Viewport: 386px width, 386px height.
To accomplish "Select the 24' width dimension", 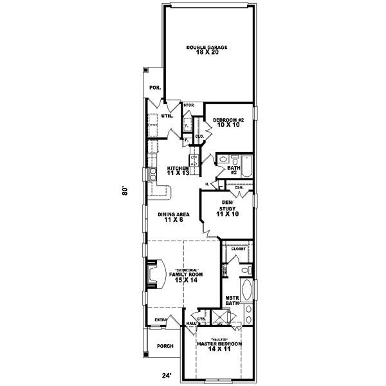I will coord(168,376).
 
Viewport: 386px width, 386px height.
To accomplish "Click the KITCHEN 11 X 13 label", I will coord(177,170).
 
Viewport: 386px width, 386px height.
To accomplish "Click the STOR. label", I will coord(189,104).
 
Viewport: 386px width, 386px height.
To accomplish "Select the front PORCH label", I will coord(165,346).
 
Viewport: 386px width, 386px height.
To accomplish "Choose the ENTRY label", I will coord(160,319).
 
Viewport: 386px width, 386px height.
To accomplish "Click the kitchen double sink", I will coord(153,173).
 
